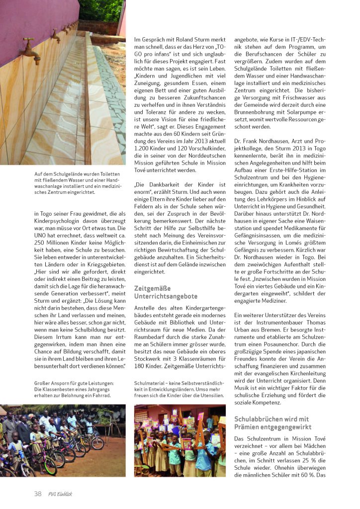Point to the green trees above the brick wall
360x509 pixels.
coord(100,10)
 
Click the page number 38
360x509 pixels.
coord(38,494)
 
